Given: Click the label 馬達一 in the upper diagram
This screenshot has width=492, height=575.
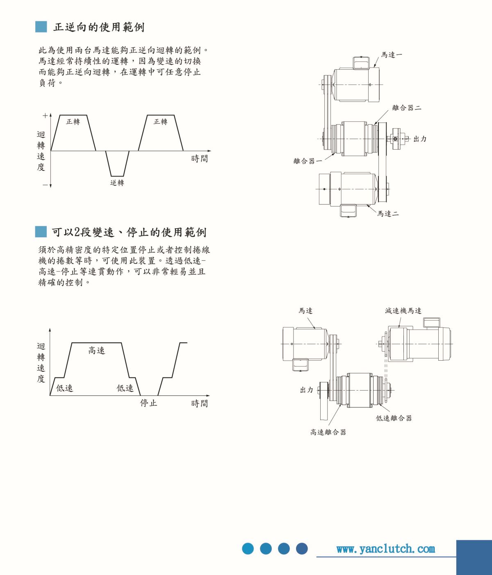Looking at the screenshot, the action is click(x=392, y=55).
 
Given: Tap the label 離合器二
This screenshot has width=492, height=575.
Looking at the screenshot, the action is click(x=407, y=108).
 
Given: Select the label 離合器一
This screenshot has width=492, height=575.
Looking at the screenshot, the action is click(x=307, y=161).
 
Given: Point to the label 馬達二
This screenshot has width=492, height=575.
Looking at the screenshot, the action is click(x=388, y=214).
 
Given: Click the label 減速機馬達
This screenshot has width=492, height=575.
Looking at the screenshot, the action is click(x=403, y=311).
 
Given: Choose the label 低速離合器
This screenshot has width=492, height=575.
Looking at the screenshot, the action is click(x=394, y=418).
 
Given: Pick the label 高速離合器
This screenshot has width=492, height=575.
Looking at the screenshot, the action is click(x=328, y=432).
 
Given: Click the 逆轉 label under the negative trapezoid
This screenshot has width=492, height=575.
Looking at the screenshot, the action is click(x=117, y=183).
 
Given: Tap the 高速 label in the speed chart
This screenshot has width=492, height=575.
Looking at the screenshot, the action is click(x=97, y=350).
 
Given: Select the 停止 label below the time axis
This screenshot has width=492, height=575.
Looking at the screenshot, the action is click(x=148, y=403).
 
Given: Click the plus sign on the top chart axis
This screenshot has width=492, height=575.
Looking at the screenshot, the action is click(x=45, y=116).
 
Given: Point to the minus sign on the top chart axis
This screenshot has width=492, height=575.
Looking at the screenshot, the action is click(x=45, y=185).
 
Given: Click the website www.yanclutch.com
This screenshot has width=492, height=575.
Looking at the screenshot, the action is click(x=385, y=549).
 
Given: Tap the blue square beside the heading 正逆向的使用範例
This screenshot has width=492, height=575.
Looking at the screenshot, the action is click(x=41, y=27).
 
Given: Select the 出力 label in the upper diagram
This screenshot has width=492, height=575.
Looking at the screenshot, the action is click(x=420, y=139).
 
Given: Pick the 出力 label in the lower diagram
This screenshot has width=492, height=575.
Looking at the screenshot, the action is click(x=307, y=390).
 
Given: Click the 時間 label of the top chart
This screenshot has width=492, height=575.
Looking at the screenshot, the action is click(x=200, y=159).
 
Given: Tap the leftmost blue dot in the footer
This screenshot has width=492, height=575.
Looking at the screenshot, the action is click(x=248, y=549).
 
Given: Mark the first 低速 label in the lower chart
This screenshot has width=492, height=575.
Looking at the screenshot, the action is click(x=64, y=388).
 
